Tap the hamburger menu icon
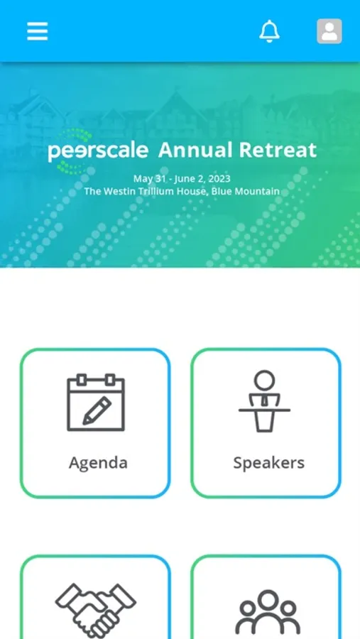click(x=38, y=31)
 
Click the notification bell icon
click(x=270, y=31)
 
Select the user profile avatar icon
click(x=329, y=31)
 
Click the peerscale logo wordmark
click(x=98, y=151)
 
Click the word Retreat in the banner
click(x=278, y=150)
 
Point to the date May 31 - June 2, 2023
click(x=182, y=178)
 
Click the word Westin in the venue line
click(x=116, y=191)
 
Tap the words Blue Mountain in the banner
click(x=246, y=191)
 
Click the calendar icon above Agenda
click(x=96, y=403)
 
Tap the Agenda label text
click(x=98, y=463)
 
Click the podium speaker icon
click(x=265, y=401)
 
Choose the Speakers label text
click(x=268, y=463)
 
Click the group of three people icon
click(x=268, y=613)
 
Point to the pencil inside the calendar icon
click(x=97, y=411)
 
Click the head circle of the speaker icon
click(x=265, y=381)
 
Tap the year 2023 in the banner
click(x=220, y=178)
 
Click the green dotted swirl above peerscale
click(x=76, y=135)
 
